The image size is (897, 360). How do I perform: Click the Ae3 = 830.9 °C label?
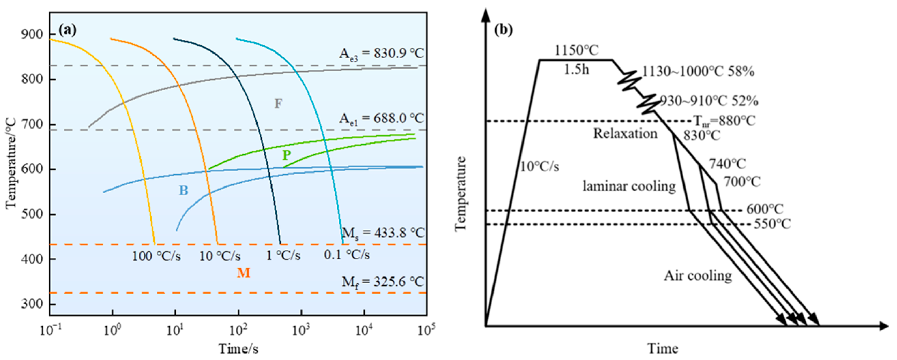(x=382, y=54)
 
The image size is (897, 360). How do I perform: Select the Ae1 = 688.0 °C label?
(x=382, y=119)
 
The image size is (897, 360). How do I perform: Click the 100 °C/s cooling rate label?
(x=156, y=256)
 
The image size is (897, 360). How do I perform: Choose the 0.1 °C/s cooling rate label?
(x=347, y=255)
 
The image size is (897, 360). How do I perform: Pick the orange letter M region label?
(x=244, y=273)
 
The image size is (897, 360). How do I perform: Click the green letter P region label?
(x=286, y=155)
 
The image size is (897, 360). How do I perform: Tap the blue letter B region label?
(x=183, y=191)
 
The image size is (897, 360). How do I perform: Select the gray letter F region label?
(x=278, y=104)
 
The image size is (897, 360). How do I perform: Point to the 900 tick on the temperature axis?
(x=32, y=34)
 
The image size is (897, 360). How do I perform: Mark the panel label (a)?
(x=67, y=30)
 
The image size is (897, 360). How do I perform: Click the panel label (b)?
(x=503, y=30)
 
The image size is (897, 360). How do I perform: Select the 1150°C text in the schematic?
(x=576, y=50)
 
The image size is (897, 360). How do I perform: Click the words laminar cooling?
(x=629, y=186)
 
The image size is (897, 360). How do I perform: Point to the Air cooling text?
(x=698, y=275)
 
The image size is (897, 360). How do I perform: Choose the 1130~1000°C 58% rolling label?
(x=698, y=72)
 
